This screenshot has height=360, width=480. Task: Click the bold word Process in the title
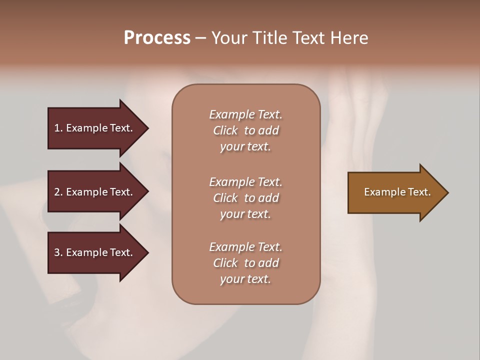pos(157,38)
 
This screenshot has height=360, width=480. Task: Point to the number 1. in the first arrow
pos(58,128)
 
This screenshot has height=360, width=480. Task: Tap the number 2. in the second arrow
pos(58,192)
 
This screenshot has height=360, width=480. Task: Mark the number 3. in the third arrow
pos(58,252)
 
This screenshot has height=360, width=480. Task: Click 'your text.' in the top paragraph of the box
pos(245,147)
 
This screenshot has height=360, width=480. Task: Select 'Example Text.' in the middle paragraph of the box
pos(245,182)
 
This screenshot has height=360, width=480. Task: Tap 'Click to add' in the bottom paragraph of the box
pos(245,263)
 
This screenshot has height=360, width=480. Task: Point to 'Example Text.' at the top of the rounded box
pos(245,114)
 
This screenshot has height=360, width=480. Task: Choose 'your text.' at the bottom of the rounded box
pos(245,279)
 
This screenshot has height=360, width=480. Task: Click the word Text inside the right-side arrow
pos(419,192)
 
